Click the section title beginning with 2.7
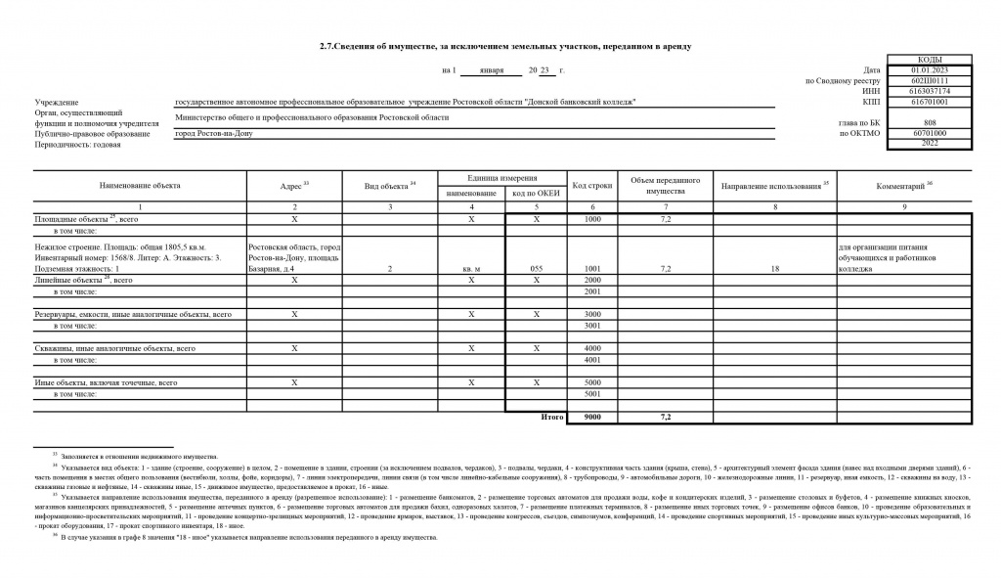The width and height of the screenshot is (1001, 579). (505, 47)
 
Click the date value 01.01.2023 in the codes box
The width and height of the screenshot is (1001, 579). (930, 70)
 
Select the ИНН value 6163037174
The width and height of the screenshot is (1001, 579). (930, 91)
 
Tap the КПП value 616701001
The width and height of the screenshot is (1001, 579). (930, 101)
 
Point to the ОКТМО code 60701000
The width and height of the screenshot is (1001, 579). (930, 133)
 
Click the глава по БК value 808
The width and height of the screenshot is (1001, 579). (930, 122)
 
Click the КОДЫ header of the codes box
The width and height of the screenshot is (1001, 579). (930, 60)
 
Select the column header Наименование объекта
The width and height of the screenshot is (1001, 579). (140, 185)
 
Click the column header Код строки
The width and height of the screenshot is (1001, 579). (591, 186)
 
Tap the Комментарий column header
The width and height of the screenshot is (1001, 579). (904, 185)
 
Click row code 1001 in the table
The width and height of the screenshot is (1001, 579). (591, 267)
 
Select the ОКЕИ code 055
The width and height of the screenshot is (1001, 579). (536, 267)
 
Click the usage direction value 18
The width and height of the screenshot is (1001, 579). (774, 267)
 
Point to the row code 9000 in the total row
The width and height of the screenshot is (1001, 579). (591, 418)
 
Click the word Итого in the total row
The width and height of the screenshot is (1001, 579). (552, 418)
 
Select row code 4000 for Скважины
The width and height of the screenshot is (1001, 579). (591, 348)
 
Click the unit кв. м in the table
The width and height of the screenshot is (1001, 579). (471, 267)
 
